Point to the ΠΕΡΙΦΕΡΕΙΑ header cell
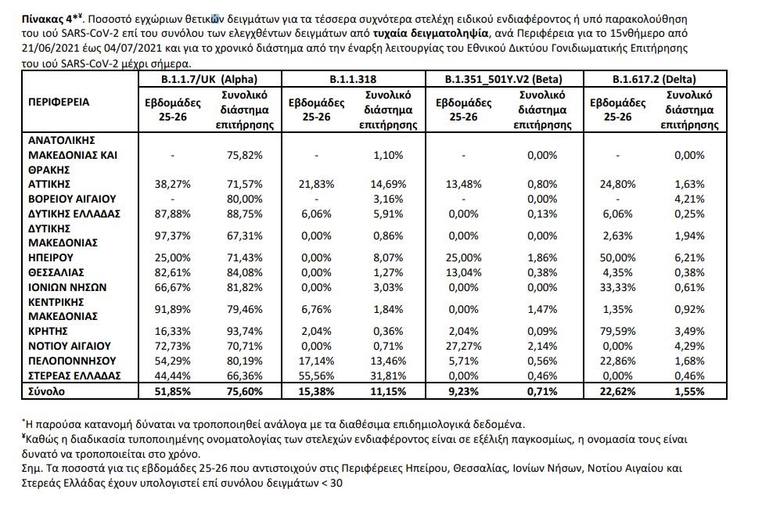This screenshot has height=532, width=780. coord(59,102)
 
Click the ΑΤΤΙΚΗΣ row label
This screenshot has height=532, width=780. coord(51,185)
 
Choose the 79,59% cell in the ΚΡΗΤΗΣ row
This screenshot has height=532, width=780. coord(617,331)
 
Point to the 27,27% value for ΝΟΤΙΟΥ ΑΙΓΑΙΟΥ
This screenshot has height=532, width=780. coord(463,346)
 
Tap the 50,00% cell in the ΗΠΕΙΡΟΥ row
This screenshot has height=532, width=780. coord(617,257)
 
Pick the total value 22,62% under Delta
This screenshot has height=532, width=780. coord(617,390)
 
